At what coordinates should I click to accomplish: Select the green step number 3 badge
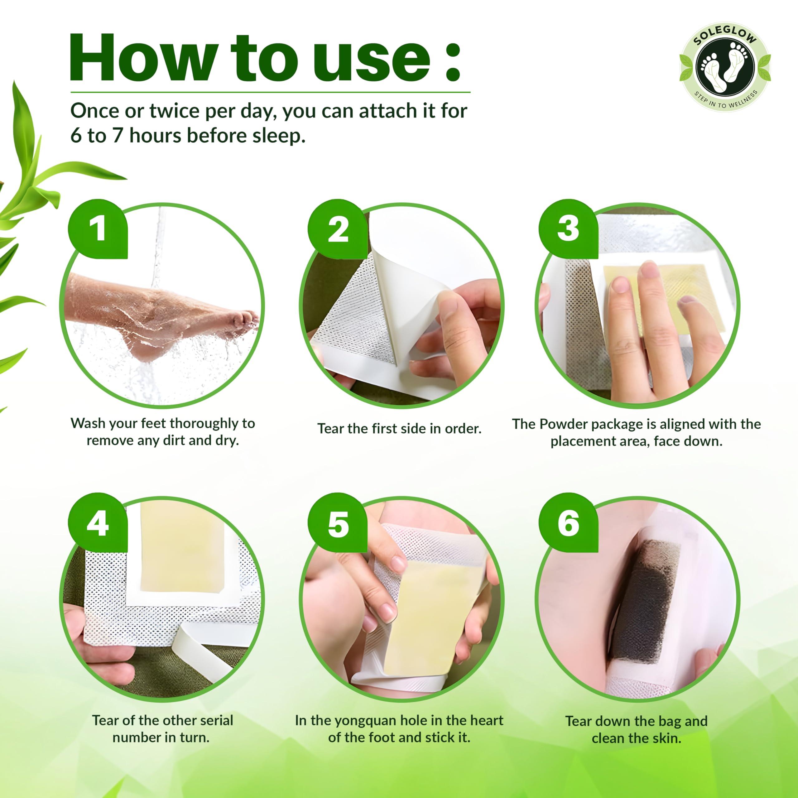pos(568,229)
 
